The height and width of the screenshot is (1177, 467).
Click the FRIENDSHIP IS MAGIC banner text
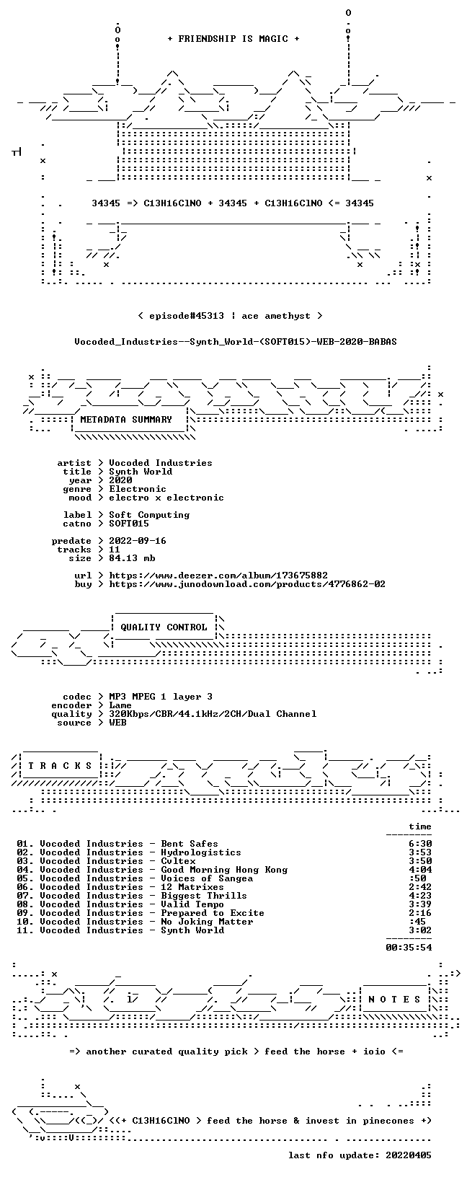pyautogui.click(x=233, y=39)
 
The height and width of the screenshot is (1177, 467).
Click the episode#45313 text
pyautogui.click(x=187, y=316)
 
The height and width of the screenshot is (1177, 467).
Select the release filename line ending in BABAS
pyautogui.click(x=236, y=342)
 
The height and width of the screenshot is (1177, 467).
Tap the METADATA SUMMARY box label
pyautogui.click(x=126, y=420)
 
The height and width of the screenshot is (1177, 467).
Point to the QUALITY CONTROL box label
pyautogui.click(x=164, y=627)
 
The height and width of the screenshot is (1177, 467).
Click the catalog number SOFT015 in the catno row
pyautogui.click(x=129, y=524)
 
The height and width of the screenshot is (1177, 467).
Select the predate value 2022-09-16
pyautogui.click(x=137, y=541)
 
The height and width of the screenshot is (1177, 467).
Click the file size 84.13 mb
pyautogui.click(x=132, y=558)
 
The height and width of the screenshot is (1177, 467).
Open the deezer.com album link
pyautogui.click(x=218, y=576)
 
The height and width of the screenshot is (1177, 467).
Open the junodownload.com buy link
pyautogui.click(x=247, y=584)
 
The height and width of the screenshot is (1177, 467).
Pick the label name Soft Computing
pyautogui.click(x=149, y=515)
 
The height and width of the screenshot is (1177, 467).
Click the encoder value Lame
pyautogui.click(x=120, y=705)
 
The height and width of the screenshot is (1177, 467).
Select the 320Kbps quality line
pyautogui.click(x=213, y=714)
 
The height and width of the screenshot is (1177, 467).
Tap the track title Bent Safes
pyautogui.click(x=189, y=844)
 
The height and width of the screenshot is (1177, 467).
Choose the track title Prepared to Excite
pyautogui.click(x=212, y=913)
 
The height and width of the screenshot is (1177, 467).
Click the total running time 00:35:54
pyautogui.click(x=409, y=948)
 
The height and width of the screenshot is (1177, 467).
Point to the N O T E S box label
pyautogui.click(x=394, y=1000)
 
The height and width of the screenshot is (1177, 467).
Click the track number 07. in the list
pyautogui.click(x=25, y=896)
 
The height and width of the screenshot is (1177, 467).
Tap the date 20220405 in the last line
pyautogui.click(x=409, y=1155)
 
